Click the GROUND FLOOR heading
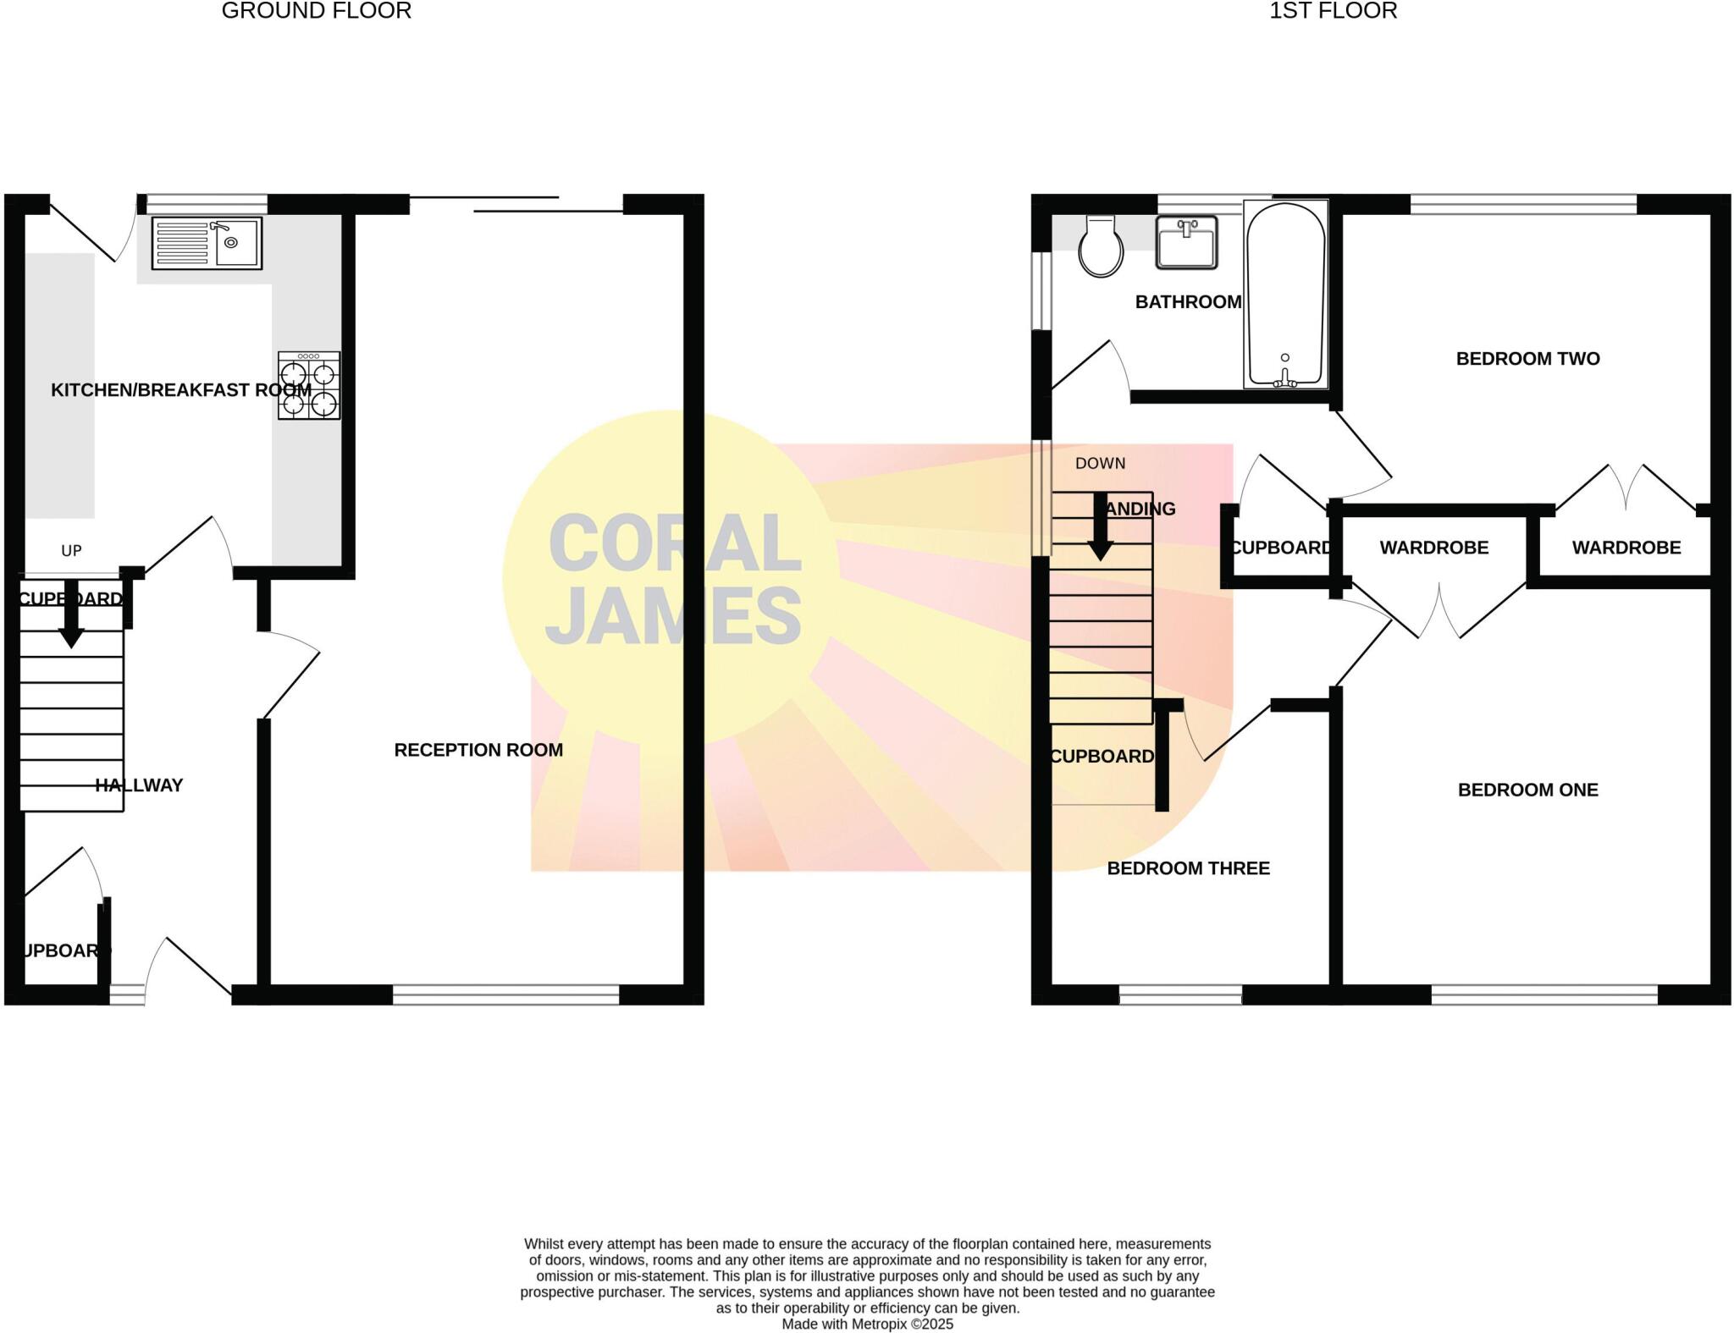pyautogui.click(x=316, y=11)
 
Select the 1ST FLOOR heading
pyautogui.click(x=1333, y=11)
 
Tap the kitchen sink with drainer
pyautogui.click(x=207, y=243)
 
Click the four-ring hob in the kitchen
pyautogui.click(x=309, y=386)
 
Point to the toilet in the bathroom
pyautogui.click(x=1101, y=246)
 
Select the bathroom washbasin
pyautogui.click(x=1186, y=242)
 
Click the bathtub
pyautogui.click(x=1284, y=294)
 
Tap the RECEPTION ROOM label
pyautogui.click(x=478, y=750)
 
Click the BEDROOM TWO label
pyautogui.click(x=1527, y=359)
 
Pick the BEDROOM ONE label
pyautogui.click(x=1527, y=790)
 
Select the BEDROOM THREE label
pyautogui.click(x=1188, y=868)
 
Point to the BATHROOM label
pyautogui.click(x=1188, y=302)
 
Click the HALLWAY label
pyautogui.click(x=139, y=785)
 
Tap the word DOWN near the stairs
pyautogui.click(x=1100, y=464)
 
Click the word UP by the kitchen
pyautogui.click(x=71, y=551)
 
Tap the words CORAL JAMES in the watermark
pyautogui.click(x=673, y=580)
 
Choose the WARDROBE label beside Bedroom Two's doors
pyautogui.click(x=1626, y=548)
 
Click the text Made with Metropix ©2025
pyautogui.click(x=867, y=1325)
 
